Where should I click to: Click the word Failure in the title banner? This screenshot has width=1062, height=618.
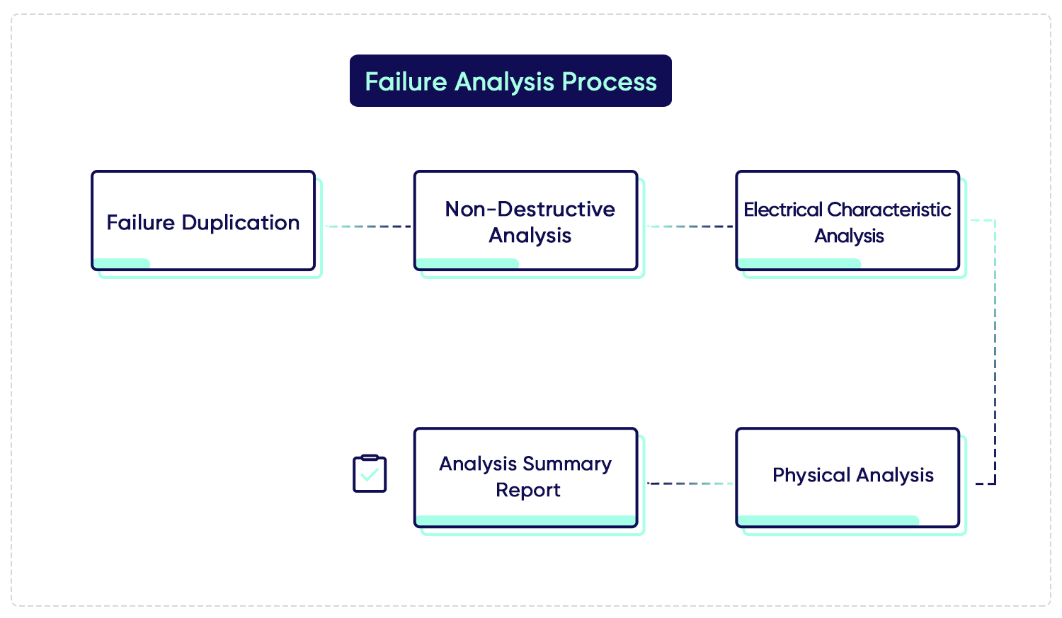406,81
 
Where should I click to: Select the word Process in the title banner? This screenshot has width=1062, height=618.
609,81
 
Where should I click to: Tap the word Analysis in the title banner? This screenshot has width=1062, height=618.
504,83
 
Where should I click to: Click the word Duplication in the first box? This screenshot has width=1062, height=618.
241,223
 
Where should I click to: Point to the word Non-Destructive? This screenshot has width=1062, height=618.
530,209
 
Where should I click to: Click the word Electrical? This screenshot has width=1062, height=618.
783,210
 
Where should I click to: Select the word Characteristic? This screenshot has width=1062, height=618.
889,210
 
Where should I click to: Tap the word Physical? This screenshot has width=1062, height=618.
811,475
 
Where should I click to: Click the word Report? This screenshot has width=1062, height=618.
527,490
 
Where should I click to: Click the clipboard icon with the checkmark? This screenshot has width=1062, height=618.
370,474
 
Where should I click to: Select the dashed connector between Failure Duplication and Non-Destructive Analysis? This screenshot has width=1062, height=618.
368,227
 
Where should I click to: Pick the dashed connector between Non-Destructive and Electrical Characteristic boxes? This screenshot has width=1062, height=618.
690,227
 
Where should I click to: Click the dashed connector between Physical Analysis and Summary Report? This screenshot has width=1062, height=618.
690,483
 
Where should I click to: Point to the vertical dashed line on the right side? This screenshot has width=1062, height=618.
995,352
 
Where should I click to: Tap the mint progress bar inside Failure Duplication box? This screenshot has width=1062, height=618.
122,263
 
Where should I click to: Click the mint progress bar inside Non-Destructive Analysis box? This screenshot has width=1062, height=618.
467,263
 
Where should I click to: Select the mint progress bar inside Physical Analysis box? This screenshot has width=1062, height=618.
829,520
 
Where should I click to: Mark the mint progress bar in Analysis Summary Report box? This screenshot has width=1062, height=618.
526,520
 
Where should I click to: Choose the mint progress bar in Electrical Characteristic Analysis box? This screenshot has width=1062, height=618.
799,263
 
